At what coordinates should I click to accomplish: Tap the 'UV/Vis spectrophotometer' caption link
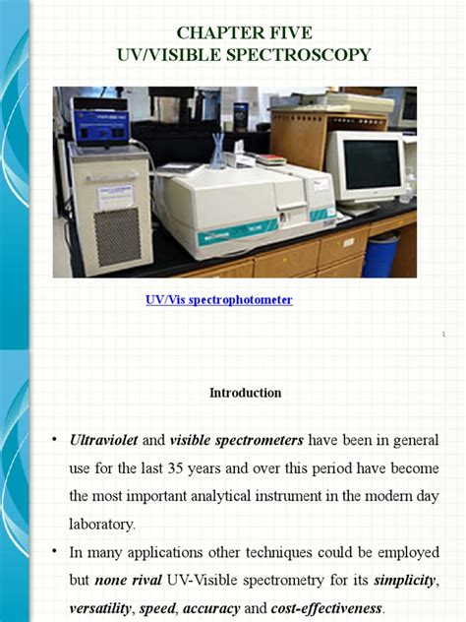tap(218, 300)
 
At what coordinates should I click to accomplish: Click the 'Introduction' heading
tap(245, 393)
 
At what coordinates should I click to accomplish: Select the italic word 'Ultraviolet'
tap(106, 439)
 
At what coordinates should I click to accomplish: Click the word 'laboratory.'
tap(106, 525)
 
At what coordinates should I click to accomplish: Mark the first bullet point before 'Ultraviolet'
tap(54, 439)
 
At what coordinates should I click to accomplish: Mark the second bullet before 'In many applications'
tap(54, 553)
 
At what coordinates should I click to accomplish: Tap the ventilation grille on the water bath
tap(117, 235)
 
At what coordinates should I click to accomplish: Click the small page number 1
tap(443, 335)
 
